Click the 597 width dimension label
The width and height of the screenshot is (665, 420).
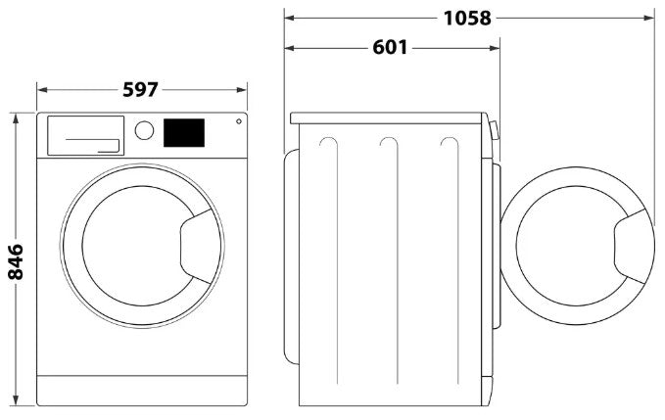(x=141, y=89)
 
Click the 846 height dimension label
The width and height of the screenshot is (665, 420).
(x=16, y=261)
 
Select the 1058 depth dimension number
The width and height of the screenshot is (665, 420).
(x=466, y=17)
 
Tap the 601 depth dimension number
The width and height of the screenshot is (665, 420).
(x=390, y=48)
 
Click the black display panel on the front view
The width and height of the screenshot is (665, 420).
(x=184, y=133)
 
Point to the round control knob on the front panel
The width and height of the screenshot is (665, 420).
(x=144, y=130)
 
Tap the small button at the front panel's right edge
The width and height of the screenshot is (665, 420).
(x=238, y=121)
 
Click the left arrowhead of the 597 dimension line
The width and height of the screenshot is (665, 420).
(x=41, y=89)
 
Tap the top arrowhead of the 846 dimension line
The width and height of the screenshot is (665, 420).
(x=16, y=117)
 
